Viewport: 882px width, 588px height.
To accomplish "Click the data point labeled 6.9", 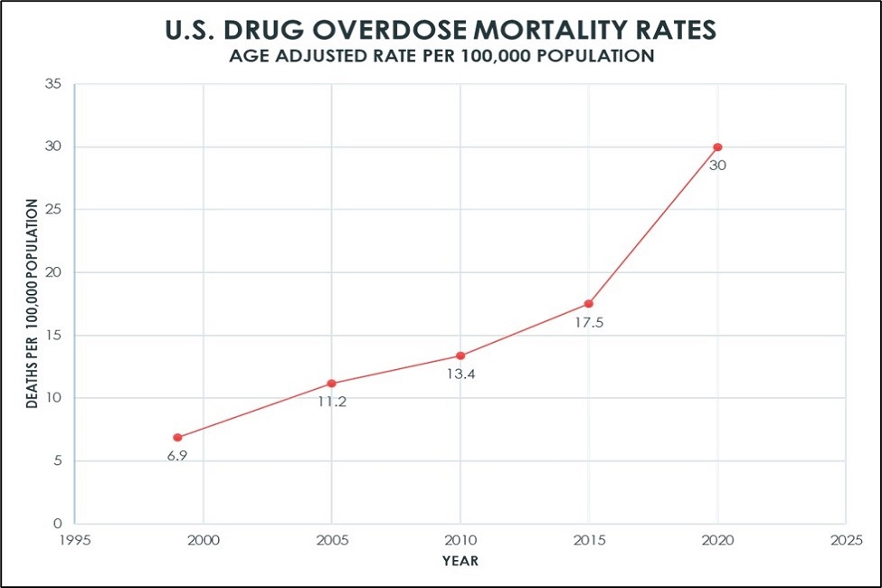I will point(177,437).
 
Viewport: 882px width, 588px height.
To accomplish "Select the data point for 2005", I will point(332,383).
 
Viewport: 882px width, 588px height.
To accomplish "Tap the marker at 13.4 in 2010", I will point(460,356).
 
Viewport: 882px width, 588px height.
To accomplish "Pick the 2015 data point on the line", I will point(589,304).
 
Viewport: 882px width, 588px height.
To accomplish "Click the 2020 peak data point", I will point(717,147).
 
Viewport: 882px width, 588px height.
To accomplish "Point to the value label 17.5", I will point(589,321).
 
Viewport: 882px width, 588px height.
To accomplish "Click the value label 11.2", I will point(332,402).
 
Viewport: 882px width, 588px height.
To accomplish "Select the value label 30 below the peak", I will point(717,166).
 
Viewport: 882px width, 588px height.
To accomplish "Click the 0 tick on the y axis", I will point(57,524).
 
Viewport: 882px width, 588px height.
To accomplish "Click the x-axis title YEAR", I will point(460,561).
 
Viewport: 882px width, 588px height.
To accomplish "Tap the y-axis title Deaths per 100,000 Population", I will point(33,304).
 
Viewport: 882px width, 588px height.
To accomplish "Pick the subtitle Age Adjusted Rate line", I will point(441,56).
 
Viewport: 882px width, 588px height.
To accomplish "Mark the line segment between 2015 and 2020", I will point(653,225).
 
